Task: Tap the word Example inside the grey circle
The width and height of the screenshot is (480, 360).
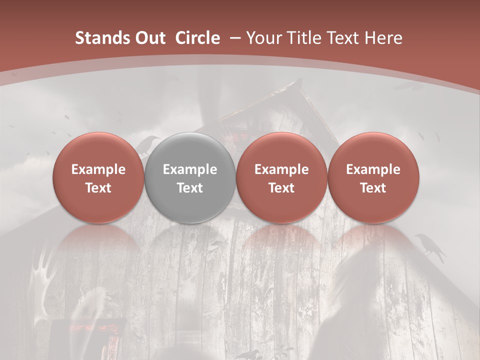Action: coord(190,169)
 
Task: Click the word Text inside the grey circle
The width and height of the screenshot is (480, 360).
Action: coord(190,188)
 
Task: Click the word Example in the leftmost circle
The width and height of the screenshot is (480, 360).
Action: coord(98,169)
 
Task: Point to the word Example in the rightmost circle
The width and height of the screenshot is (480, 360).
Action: coord(373,169)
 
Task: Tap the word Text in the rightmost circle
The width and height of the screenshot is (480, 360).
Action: coord(373,188)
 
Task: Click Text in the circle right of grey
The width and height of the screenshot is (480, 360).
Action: coord(281,188)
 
